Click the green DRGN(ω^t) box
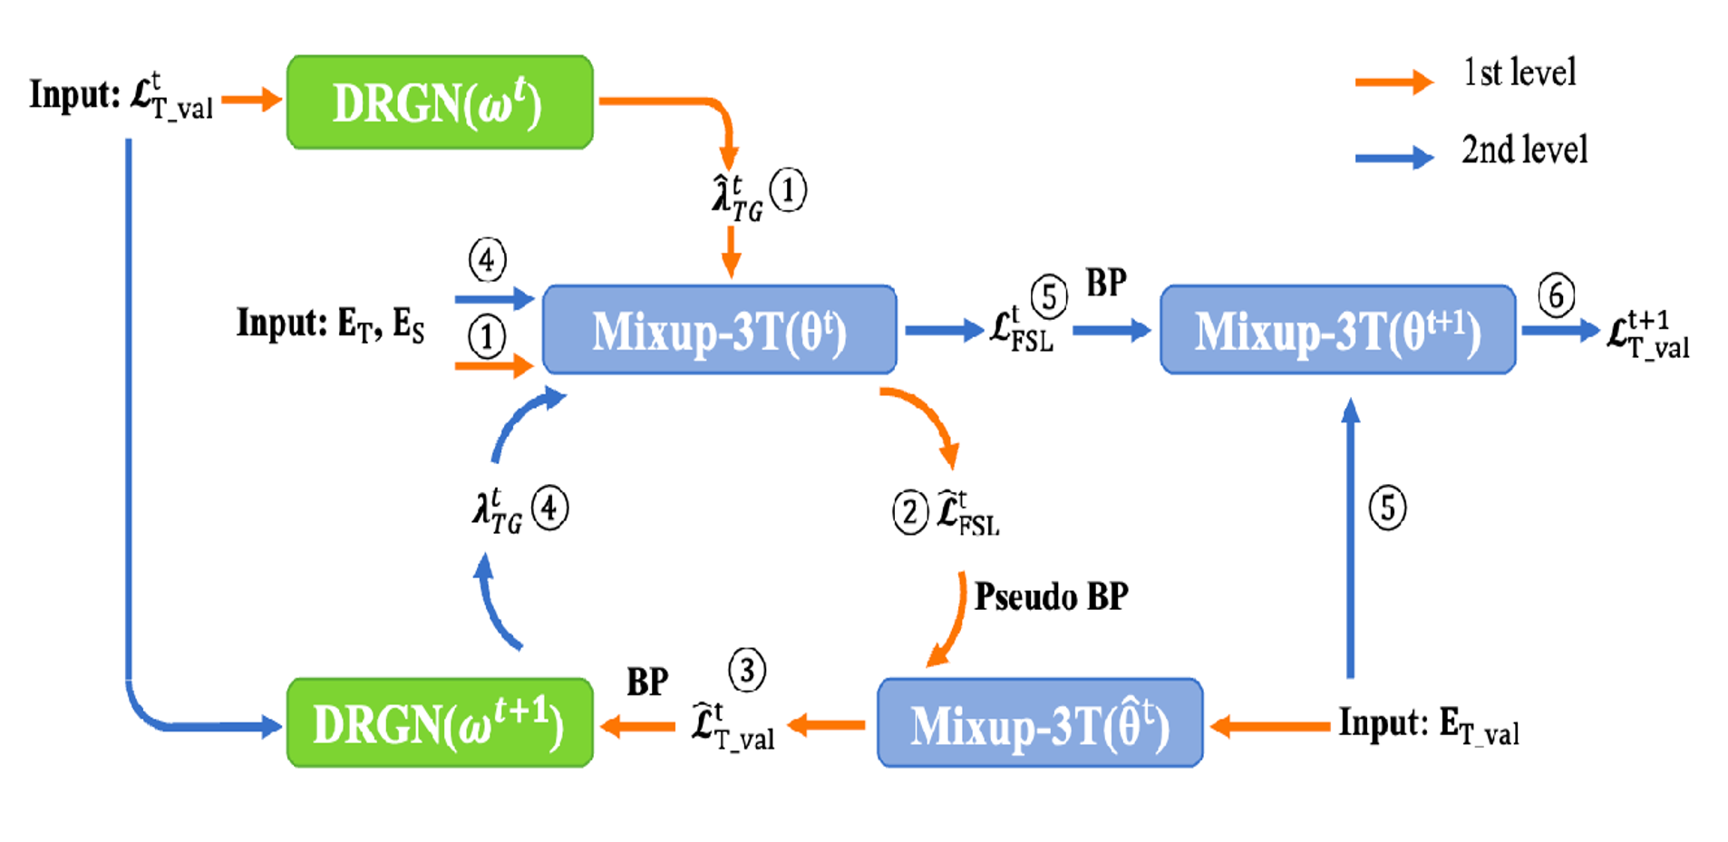click(440, 102)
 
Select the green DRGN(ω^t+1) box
click(440, 723)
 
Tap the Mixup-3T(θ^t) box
click(719, 330)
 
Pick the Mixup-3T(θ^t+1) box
click(1337, 330)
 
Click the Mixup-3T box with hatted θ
click(1040, 723)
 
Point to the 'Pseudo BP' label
click(1051, 596)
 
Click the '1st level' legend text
click(1519, 73)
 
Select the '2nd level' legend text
click(1524, 150)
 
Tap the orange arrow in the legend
click(1393, 82)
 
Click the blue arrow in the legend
click(1393, 158)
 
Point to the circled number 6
click(1556, 295)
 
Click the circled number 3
click(746, 671)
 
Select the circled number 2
click(910, 512)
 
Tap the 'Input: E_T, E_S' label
click(330, 324)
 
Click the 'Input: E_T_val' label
click(1429, 725)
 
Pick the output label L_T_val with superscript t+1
click(1647, 334)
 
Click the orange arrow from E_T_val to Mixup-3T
click(1270, 726)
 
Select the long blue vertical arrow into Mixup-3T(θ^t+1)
click(1351, 538)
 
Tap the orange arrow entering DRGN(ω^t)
click(251, 99)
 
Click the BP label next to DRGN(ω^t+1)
click(646, 682)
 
